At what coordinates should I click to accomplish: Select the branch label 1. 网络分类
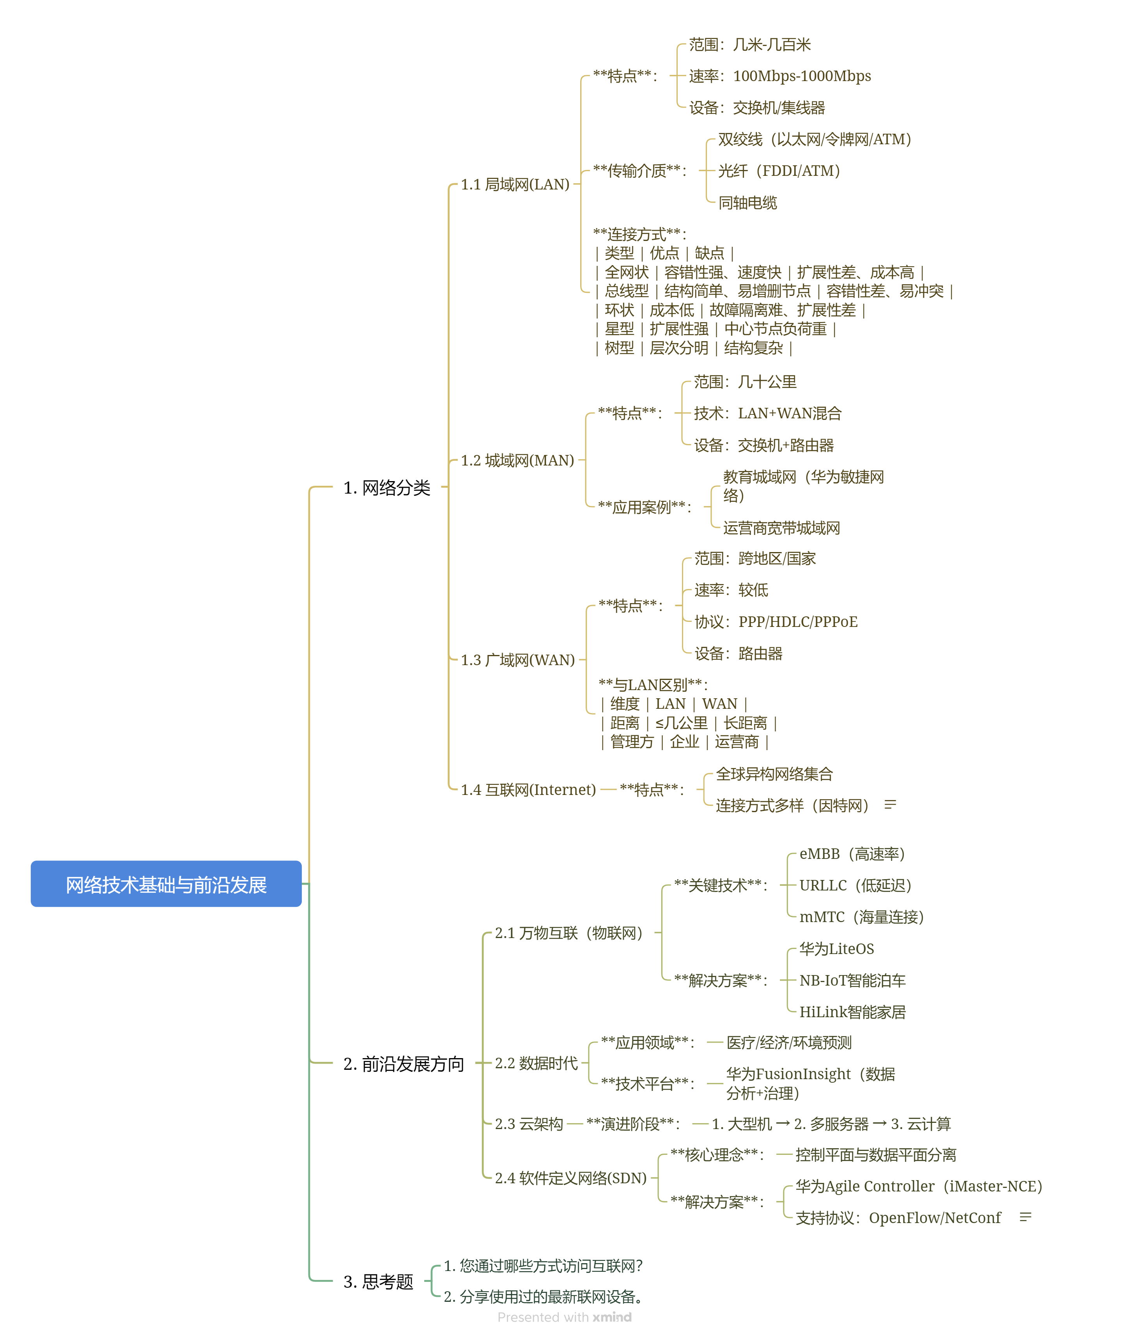pyautogui.click(x=386, y=488)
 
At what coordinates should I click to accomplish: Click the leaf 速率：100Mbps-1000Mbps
pyautogui.click(x=779, y=76)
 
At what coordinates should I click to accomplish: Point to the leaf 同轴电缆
pyautogui.click(x=747, y=203)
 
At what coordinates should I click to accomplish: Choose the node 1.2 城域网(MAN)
pyautogui.click(x=517, y=460)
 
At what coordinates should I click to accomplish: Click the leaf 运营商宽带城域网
pyautogui.click(x=781, y=528)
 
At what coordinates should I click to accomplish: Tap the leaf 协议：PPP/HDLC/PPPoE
pyautogui.click(x=776, y=622)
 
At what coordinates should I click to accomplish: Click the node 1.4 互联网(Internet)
pyautogui.click(x=528, y=790)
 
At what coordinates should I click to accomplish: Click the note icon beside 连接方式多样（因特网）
pyautogui.click(x=890, y=805)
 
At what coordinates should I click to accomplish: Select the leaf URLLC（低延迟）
pyautogui.click(x=855, y=885)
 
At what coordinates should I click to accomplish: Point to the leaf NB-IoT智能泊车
pyautogui.click(x=852, y=981)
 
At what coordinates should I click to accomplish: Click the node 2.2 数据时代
pyautogui.click(x=536, y=1063)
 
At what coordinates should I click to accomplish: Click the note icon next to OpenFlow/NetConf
pyautogui.click(x=1025, y=1217)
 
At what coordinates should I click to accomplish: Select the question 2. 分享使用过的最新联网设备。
pyautogui.click(x=544, y=1297)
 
